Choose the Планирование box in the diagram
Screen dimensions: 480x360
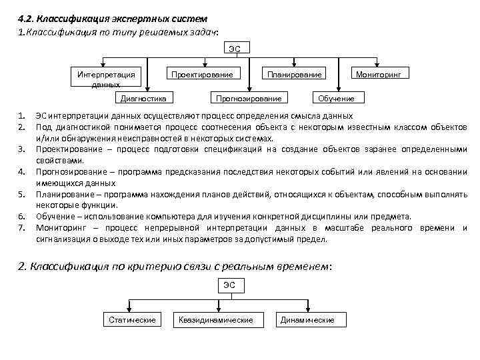294,74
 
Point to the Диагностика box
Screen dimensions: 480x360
142,99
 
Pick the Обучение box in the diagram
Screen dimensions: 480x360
336,99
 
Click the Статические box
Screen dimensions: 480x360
132,320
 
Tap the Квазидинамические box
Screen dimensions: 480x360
216,320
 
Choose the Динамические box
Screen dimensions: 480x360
307,320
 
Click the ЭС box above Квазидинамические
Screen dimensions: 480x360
229,285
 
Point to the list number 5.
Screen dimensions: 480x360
22,194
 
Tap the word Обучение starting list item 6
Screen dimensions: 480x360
52,217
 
